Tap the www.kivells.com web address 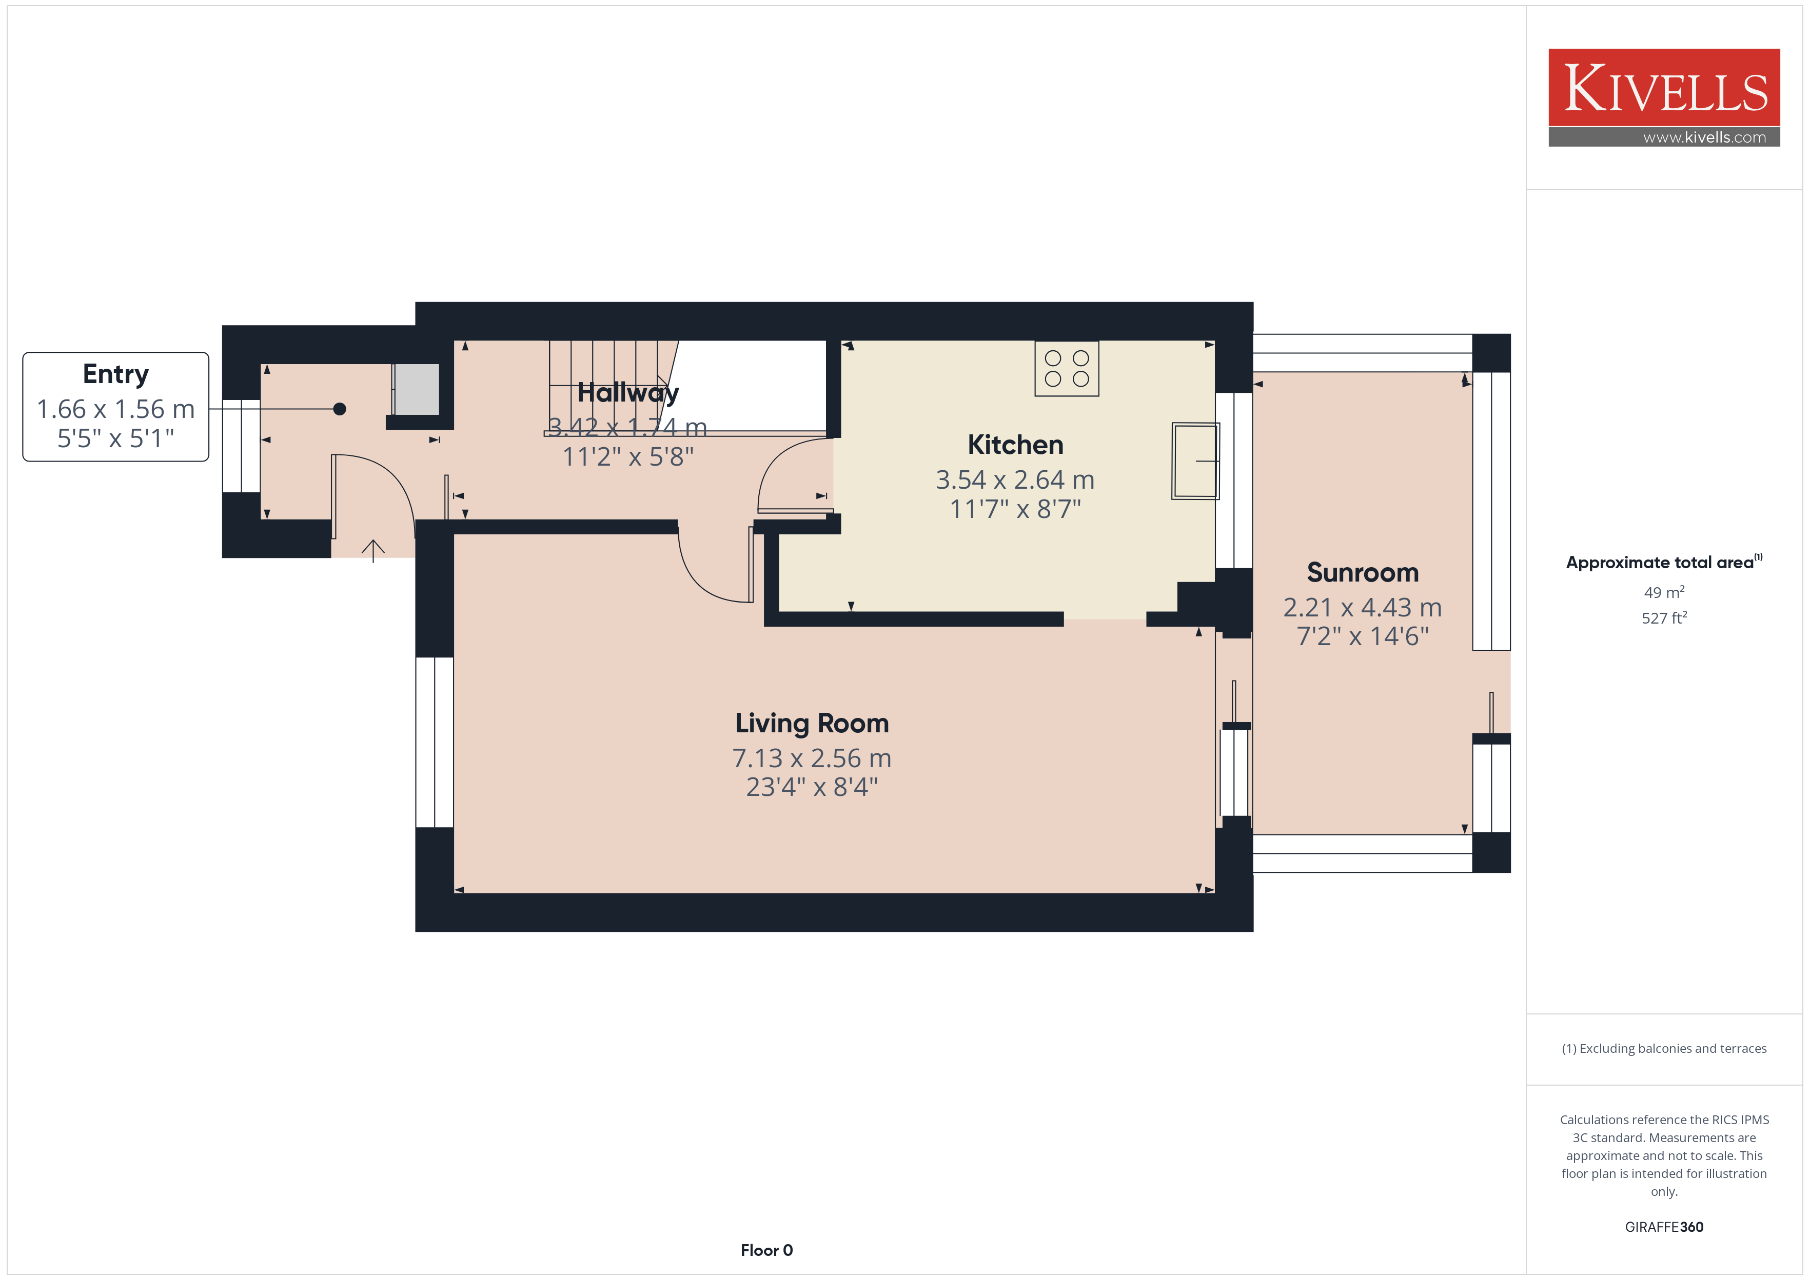click(x=1704, y=137)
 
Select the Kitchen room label click(x=1015, y=445)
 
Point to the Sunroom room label click(x=1362, y=572)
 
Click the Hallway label click(x=627, y=392)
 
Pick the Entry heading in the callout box click(x=116, y=374)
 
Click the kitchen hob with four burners click(x=1067, y=368)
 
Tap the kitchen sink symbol click(x=1195, y=461)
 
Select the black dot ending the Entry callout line click(x=340, y=409)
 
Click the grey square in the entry click(x=416, y=389)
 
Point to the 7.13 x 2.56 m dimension click(x=812, y=758)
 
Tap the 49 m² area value click(x=1664, y=592)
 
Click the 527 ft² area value click(x=1664, y=618)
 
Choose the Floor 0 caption click(x=766, y=1250)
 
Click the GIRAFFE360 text click(x=1664, y=1227)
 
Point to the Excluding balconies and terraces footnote click(x=1664, y=1048)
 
